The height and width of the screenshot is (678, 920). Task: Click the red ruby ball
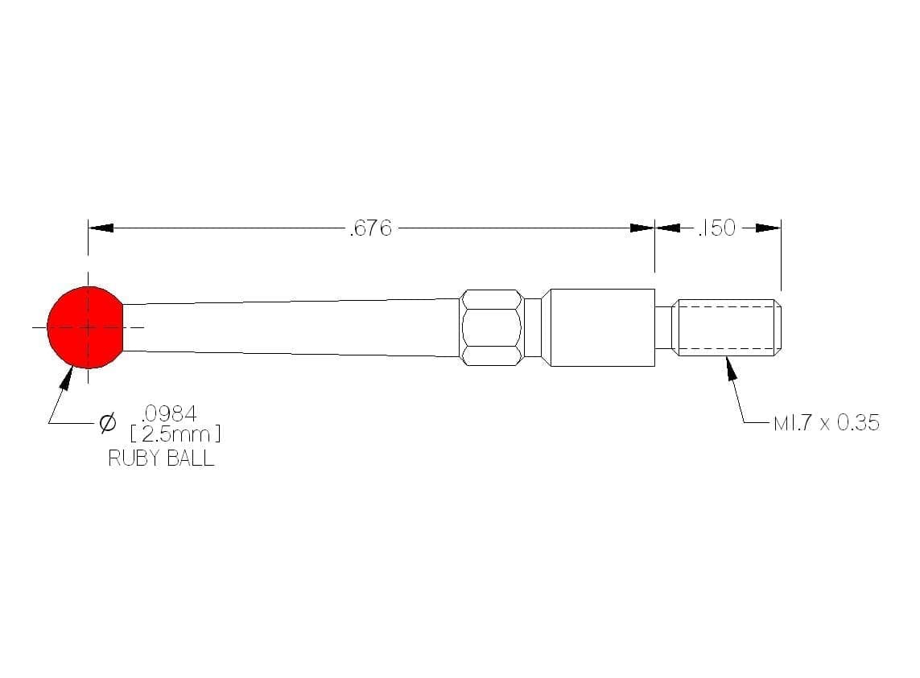click(x=85, y=327)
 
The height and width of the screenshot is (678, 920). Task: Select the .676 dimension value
click(x=370, y=228)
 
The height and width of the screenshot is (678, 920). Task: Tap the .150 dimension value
click(x=716, y=228)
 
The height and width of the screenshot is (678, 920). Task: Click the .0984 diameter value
click(x=169, y=413)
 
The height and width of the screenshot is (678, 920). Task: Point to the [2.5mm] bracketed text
click(x=175, y=434)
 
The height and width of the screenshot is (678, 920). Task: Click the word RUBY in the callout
click(x=130, y=458)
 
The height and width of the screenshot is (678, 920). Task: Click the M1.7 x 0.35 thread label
click(x=827, y=422)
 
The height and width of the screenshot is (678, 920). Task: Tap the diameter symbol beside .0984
click(x=108, y=422)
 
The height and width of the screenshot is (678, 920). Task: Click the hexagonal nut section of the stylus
click(x=492, y=327)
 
